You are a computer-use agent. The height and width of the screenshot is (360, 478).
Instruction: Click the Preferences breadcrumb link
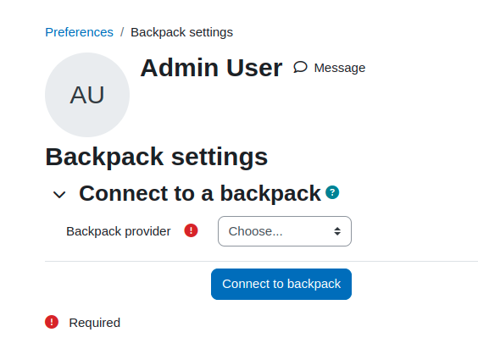[x=80, y=32]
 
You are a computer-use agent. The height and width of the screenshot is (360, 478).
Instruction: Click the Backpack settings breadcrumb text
[x=181, y=32]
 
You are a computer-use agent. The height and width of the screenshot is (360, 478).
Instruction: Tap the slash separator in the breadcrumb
[x=122, y=32]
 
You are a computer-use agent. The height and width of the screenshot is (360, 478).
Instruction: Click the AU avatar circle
[x=87, y=95]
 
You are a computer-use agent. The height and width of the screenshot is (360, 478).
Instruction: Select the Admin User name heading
[x=211, y=68]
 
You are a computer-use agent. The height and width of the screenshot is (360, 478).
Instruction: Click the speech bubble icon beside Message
[x=300, y=67]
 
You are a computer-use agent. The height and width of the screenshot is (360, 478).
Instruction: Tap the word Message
[x=340, y=68]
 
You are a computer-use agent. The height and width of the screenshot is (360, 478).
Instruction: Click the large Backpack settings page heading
[x=157, y=157]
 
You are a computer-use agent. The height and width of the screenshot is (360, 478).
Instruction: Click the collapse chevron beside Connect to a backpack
[x=59, y=195]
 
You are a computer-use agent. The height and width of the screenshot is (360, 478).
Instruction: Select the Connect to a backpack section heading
[x=200, y=193]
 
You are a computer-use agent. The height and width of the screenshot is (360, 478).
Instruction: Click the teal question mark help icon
[x=332, y=192]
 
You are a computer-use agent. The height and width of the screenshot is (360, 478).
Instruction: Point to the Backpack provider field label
[x=119, y=231]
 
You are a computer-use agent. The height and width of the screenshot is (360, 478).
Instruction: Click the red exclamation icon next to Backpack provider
[x=192, y=230]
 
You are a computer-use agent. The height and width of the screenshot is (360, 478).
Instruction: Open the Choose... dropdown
[x=285, y=231]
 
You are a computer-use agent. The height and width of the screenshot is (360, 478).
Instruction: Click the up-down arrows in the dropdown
[x=337, y=231]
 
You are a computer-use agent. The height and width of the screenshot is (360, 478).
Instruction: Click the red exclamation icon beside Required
[x=52, y=322]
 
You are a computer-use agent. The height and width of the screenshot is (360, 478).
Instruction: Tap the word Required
[x=95, y=323]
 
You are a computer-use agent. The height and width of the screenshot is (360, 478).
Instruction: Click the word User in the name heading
[x=254, y=68]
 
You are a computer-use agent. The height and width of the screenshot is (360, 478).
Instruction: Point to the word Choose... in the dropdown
[x=255, y=231]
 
